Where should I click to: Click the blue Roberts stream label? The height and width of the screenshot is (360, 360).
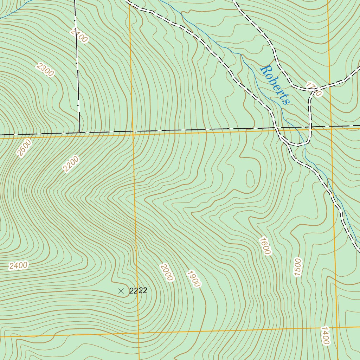click(275, 84)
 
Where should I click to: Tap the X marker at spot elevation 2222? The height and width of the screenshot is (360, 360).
click(121, 291)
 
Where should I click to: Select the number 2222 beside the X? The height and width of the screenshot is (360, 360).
click(138, 291)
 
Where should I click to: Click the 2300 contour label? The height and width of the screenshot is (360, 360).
click(45, 69)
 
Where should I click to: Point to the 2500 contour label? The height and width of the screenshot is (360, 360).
click(24, 148)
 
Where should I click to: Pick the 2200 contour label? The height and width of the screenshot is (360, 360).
click(71, 164)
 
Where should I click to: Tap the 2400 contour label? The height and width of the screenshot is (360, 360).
click(18, 265)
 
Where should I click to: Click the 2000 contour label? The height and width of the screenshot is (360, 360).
click(166, 272)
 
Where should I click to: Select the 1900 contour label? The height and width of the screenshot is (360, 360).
click(193, 278)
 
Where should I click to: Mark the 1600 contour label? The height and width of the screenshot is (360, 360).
click(265, 246)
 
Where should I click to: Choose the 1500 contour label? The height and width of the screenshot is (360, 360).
click(298, 267)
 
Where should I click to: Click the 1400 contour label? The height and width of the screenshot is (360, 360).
click(325, 335)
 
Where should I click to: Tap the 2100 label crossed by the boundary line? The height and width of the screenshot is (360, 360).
click(79, 35)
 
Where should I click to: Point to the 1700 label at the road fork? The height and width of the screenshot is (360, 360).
click(314, 89)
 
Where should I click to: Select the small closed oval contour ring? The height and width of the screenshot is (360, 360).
click(250, 179)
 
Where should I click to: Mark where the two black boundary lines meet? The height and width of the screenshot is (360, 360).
click(80, 133)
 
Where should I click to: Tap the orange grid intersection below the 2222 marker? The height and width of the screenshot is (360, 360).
click(138, 333)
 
